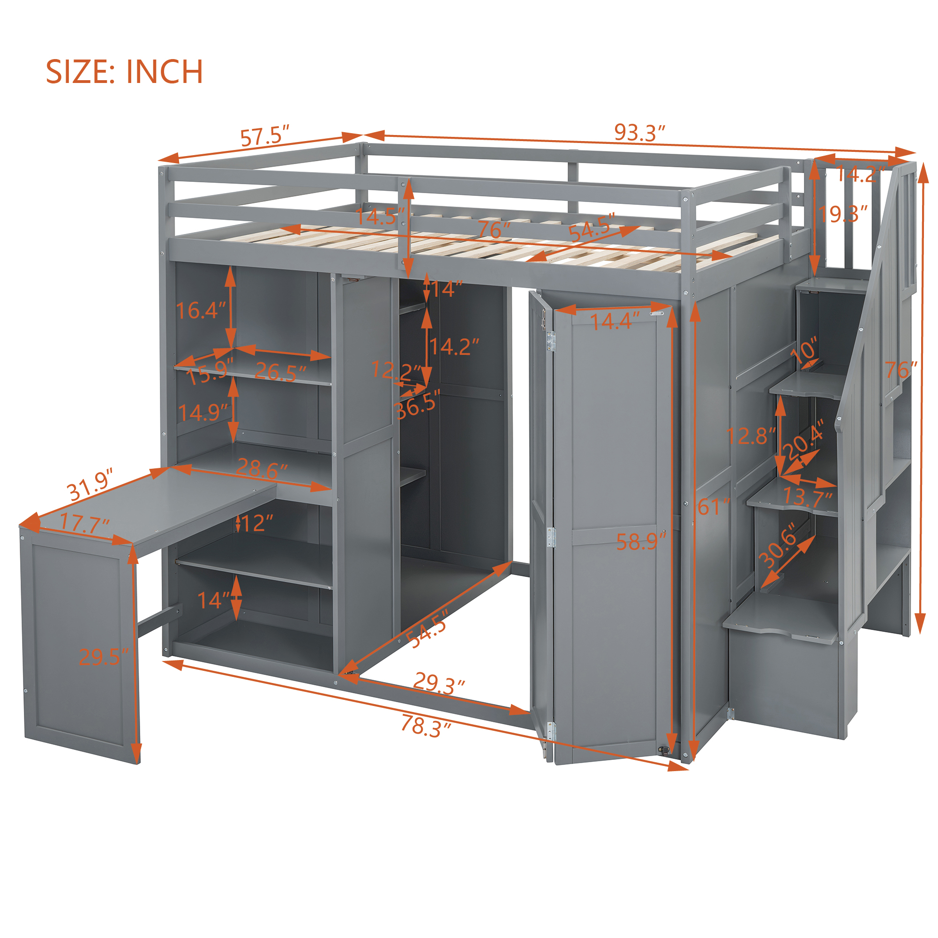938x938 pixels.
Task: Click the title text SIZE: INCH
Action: click(124, 72)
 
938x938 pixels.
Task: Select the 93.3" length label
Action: click(639, 132)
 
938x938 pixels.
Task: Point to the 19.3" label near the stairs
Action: click(843, 214)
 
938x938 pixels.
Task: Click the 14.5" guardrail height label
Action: click(380, 217)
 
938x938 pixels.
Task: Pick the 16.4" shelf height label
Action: click(201, 310)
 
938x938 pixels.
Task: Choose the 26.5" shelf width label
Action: click(281, 372)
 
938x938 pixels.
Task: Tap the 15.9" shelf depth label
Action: click(210, 372)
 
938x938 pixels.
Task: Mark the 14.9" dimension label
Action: click(203, 413)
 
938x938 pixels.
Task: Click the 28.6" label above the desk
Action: click(262, 468)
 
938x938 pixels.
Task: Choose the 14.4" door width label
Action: click(615, 321)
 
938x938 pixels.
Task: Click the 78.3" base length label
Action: click(426, 726)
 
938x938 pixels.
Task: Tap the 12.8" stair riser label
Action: click(751, 435)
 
